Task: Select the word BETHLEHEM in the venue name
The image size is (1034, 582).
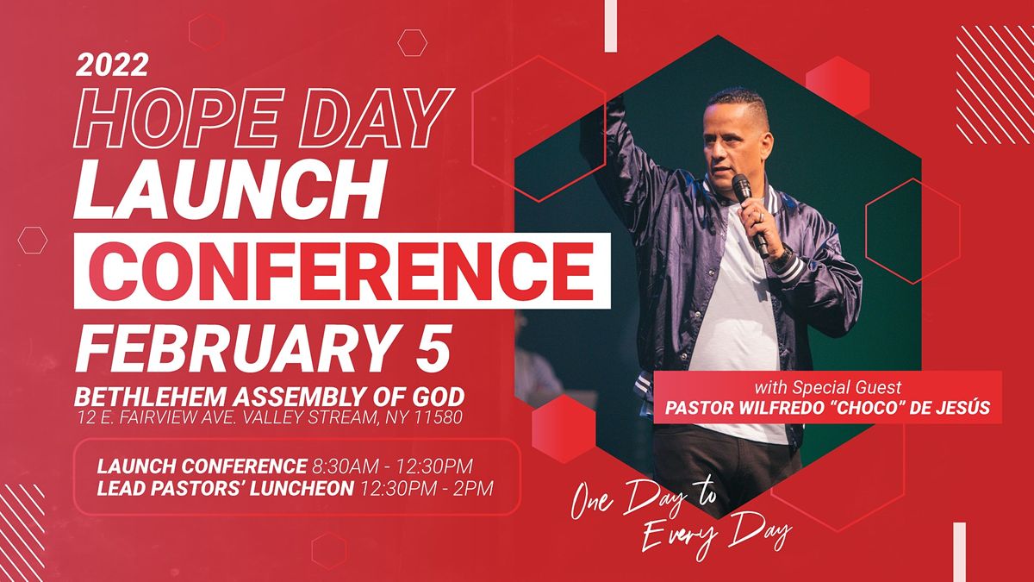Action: [x=143, y=397]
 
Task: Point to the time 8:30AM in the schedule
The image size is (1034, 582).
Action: [x=342, y=466]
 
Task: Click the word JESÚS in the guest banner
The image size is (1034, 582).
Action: [x=960, y=409]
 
